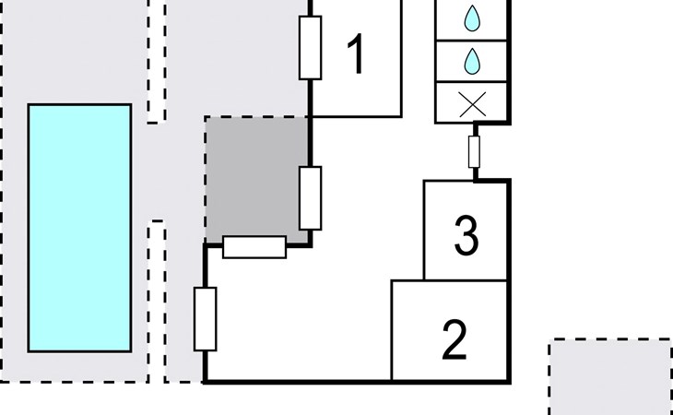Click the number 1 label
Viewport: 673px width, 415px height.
(355, 55)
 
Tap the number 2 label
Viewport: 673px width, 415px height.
(454, 339)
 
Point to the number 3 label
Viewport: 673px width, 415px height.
(467, 236)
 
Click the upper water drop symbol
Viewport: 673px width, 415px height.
(472, 18)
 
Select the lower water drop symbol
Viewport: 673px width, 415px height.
(472, 62)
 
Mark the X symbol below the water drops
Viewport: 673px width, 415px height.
(472, 102)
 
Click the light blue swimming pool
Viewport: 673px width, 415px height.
(79, 228)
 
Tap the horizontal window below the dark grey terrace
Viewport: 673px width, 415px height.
(254, 247)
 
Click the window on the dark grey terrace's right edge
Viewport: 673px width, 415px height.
(311, 197)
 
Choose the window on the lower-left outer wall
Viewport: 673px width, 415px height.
(205, 319)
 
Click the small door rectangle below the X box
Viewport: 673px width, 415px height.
(475, 151)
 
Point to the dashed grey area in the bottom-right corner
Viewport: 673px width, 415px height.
(610, 376)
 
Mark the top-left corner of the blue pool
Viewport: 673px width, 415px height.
(30, 105)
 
